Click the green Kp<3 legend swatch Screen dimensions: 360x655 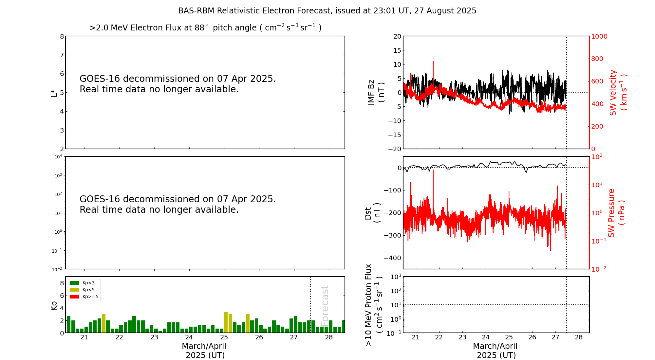tap(74, 283)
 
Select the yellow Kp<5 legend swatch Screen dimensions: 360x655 tap(74, 290)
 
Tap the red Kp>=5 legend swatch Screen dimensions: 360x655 tap(74, 297)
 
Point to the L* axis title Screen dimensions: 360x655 tap(54, 93)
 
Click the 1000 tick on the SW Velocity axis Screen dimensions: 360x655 tap(599, 36)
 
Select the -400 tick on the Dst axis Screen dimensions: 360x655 tap(393, 258)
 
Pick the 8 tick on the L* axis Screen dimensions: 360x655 tap(62, 36)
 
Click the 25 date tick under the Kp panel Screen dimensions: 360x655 tap(224, 337)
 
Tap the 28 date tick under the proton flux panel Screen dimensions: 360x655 tap(579, 337)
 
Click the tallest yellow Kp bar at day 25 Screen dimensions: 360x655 tap(226, 322)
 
